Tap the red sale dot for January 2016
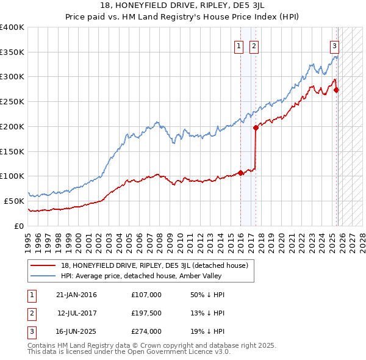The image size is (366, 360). click(240, 173)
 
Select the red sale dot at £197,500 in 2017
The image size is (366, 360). click(256, 128)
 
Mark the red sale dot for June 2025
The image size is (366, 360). click(337, 90)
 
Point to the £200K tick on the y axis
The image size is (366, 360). click(12, 126)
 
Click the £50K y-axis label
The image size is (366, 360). click(14, 201)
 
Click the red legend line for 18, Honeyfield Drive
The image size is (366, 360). click(43, 266)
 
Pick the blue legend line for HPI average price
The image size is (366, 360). click(43, 276)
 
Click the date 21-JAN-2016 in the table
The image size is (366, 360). click(76, 295)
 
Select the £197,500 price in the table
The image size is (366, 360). click(146, 313)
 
